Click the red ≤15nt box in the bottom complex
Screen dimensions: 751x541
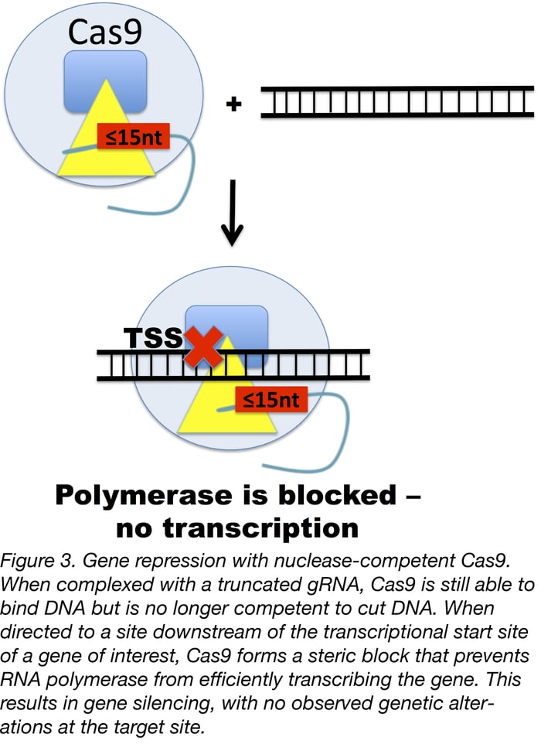270,401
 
